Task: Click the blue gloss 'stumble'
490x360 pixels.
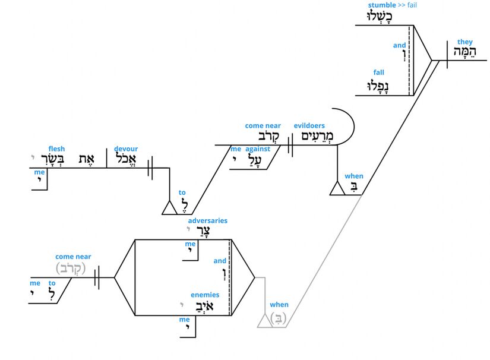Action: click(x=382, y=5)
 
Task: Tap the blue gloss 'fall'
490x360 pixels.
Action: click(x=378, y=72)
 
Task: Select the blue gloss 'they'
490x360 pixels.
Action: click(x=465, y=42)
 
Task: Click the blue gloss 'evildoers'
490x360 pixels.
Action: click(x=309, y=125)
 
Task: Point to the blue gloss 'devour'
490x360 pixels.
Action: click(x=126, y=149)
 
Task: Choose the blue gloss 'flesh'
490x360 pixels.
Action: click(x=57, y=149)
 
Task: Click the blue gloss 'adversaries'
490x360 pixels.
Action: click(x=207, y=221)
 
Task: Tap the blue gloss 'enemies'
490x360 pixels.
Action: click(x=205, y=295)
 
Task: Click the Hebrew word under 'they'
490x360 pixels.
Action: click(x=464, y=53)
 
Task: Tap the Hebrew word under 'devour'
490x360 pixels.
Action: click(x=126, y=159)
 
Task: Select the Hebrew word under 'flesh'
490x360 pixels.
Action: click(x=61, y=159)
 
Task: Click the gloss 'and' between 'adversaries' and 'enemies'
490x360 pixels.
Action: click(x=220, y=260)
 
